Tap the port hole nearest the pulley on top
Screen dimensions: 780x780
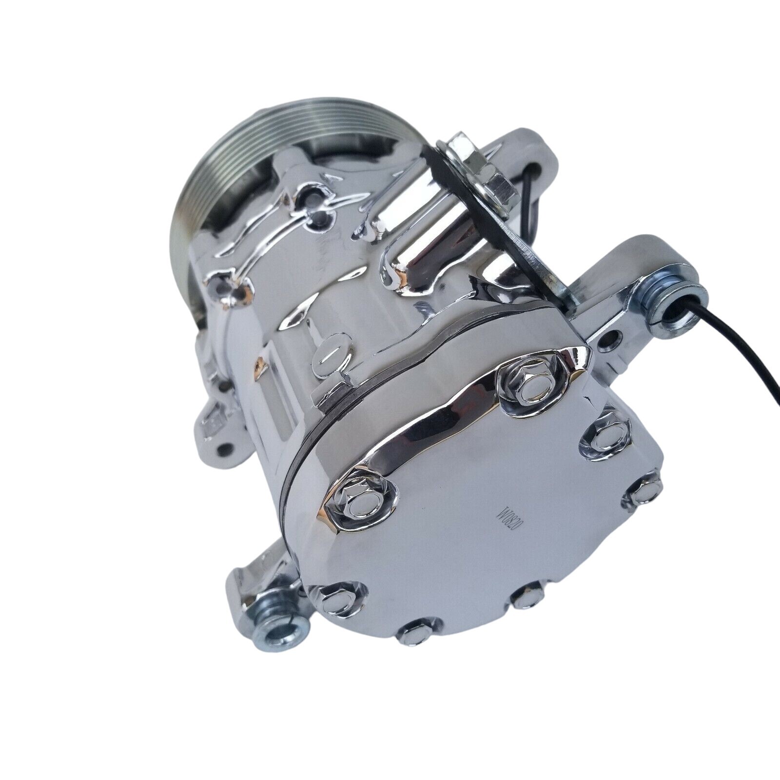coord(309,197)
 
